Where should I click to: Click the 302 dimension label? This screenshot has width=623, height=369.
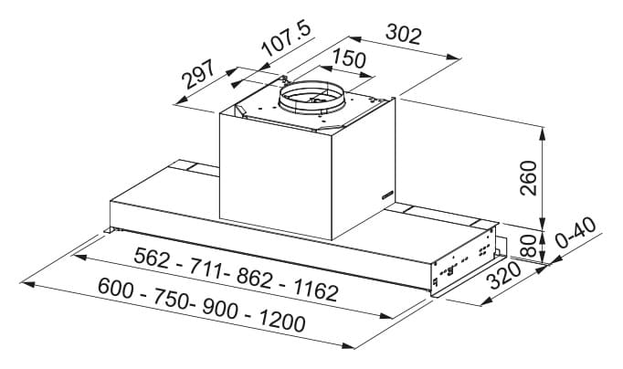click(x=403, y=34)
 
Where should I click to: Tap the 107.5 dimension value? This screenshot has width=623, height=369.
click(x=287, y=39)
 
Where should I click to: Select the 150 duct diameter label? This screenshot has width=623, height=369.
click(x=349, y=58)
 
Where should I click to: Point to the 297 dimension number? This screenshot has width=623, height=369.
click(x=198, y=74)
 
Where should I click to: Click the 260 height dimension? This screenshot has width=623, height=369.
click(x=528, y=178)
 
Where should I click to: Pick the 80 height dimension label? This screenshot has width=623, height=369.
click(x=528, y=246)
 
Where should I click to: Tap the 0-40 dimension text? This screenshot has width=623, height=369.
click(x=575, y=233)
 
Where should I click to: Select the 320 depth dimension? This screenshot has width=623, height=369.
click(x=504, y=275)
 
